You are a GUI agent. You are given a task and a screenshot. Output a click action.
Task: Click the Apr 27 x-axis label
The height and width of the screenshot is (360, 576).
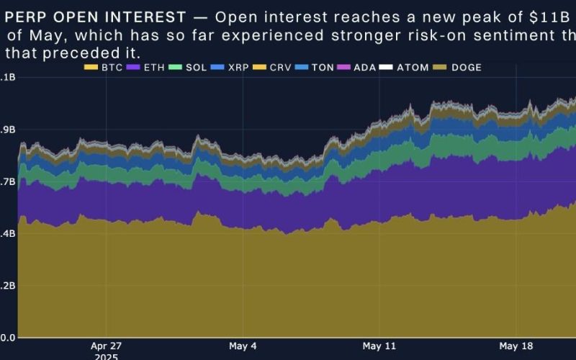(x=107, y=346)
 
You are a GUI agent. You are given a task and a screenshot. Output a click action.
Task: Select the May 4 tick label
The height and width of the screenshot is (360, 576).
(x=244, y=346)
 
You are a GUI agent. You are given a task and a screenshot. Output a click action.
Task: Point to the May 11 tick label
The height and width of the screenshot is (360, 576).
(x=380, y=346)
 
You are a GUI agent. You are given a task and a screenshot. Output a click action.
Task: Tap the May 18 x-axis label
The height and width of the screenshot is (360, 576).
(x=517, y=346)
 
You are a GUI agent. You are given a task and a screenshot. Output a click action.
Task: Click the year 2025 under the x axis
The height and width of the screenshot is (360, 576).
(x=107, y=356)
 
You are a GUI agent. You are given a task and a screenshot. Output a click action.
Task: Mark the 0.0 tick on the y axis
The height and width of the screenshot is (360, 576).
(x=7, y=338)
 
